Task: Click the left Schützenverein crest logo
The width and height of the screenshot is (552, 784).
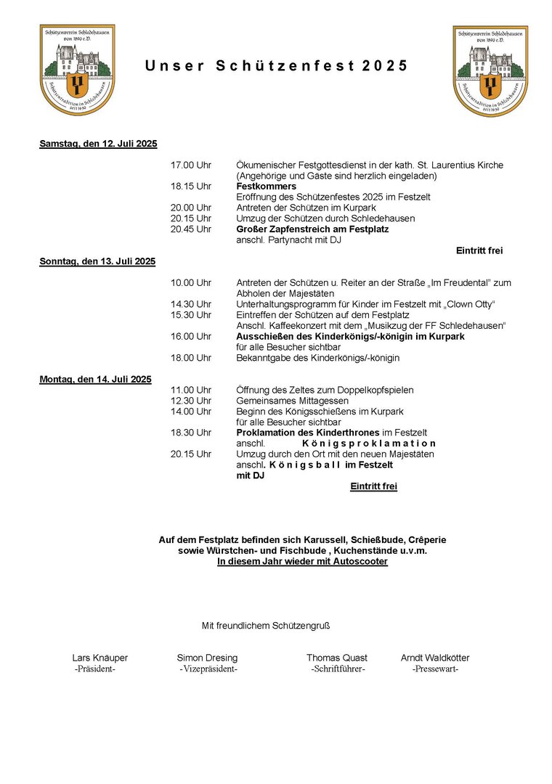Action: click(x=77, y=70)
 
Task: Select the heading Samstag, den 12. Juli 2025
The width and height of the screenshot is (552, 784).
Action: click(x=98, y=144)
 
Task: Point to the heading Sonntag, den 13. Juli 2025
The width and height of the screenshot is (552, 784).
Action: click(x=97, y=261)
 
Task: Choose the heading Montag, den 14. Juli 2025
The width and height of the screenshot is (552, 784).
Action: click(x=95, y=379)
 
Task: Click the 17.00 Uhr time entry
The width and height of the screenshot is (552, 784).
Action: click(x=191, y=166)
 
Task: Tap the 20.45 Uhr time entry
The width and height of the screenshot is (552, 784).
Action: click(x=191, y=229)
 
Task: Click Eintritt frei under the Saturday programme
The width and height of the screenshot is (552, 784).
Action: click(x=479, y=250)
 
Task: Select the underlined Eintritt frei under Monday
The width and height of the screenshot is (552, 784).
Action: click(x=373, y=486)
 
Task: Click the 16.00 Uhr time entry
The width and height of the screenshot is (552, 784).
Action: click(x=191, y=336)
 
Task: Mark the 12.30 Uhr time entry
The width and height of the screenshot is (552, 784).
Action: click(x=191, y=401)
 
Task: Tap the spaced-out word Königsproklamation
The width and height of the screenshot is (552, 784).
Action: click(x=369, y=444)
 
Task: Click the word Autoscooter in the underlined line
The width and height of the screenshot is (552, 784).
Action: click(x=360, y=562)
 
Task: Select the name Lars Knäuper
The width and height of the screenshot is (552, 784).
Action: click(x=100, y=658)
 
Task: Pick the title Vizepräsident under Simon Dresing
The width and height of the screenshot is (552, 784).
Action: click(x=208, y=669)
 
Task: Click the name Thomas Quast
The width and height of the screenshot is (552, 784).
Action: click(x=337, y=658)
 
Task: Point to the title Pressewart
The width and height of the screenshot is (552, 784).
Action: click(x=435, y=669)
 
